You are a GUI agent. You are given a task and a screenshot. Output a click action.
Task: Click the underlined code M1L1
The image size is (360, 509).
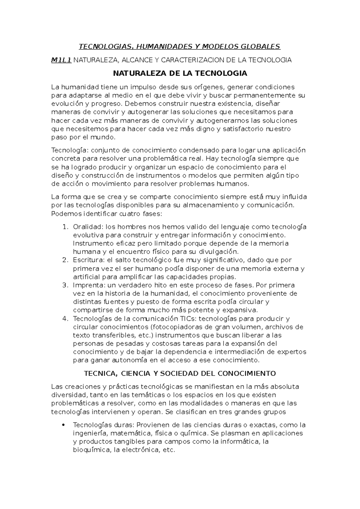tap(61, 60)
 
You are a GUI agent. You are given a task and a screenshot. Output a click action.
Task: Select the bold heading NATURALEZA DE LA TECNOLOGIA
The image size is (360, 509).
tap(180, 73)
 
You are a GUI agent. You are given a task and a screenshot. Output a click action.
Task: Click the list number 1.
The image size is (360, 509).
tap(65, 227)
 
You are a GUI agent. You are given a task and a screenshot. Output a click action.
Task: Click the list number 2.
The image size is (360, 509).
tap(65, 260)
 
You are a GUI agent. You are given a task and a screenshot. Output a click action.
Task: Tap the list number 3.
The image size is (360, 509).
tap(65, 285)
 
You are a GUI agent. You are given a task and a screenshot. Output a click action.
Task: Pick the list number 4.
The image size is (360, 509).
tap(65, 318)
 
